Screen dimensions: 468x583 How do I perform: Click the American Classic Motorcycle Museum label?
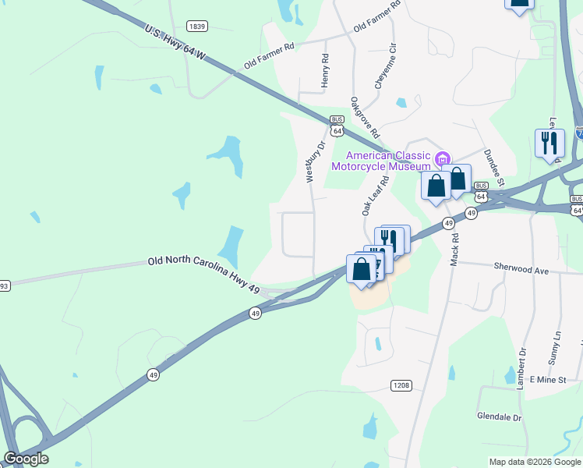point(381,160)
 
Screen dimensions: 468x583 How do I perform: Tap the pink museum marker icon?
point(443,159)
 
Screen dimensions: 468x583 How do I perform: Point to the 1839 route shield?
point(197,26)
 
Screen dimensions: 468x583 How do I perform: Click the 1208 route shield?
point(401,386)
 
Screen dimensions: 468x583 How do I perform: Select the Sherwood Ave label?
point(521,268)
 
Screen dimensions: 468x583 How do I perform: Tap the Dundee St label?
point(494,168)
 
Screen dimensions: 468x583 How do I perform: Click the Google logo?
point(26,459)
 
